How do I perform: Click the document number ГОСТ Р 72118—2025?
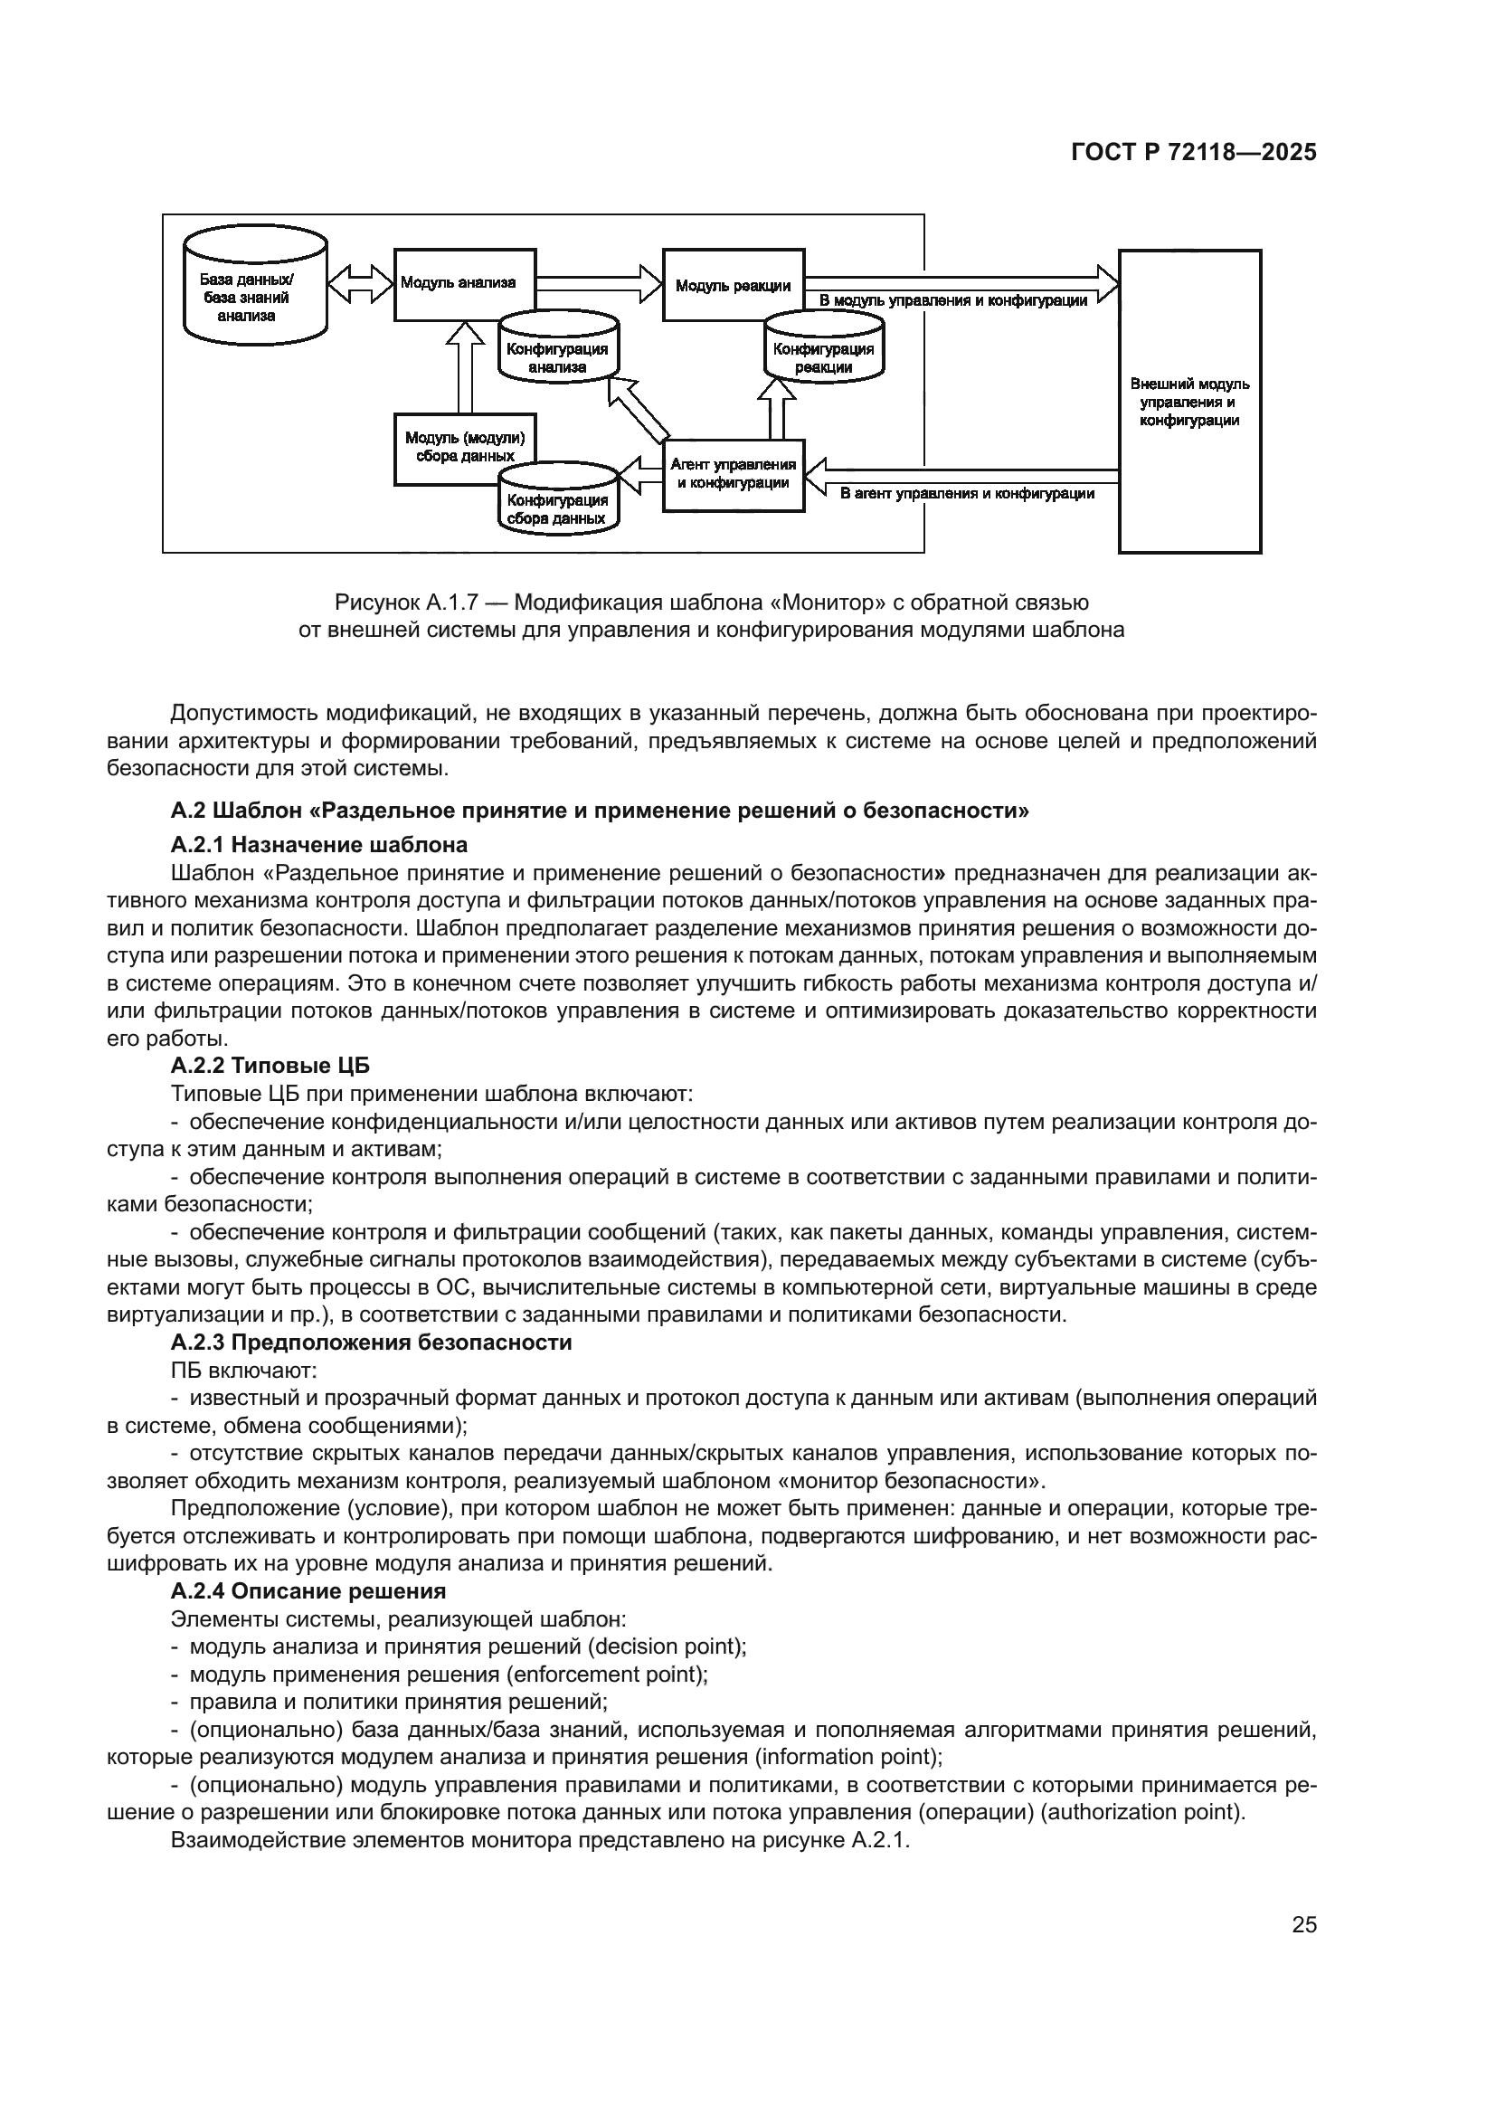pyautogui.click(x=1193, y=153)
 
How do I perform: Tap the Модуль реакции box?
pyautogui.click(x=734, y=285)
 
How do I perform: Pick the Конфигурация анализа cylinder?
pyautogui.click(x=557, y=355)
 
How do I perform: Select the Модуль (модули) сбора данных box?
pyautogui.click(x=464, y=446)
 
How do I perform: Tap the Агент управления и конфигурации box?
pyautogui.click(x=734, y=474)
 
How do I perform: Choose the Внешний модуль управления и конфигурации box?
pyautogui.click(x=1189, y=401)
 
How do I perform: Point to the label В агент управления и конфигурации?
pyautogui.click(x=966, y=494)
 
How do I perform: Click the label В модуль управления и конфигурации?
pyautogui.click(x=952, y=300)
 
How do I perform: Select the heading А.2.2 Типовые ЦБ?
pyautogui.click(x=270, y=1066)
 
